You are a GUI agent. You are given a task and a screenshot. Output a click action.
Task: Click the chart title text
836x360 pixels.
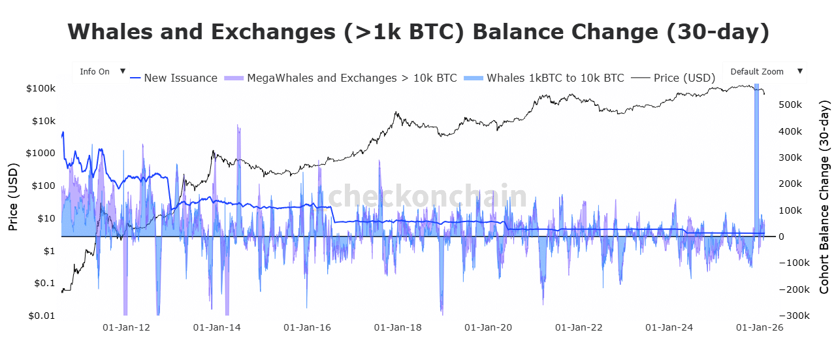(418, 31)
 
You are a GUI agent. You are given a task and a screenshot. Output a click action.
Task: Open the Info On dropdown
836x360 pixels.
(101, 72)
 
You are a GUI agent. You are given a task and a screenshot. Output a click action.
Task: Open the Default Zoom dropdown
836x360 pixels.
(764, 72)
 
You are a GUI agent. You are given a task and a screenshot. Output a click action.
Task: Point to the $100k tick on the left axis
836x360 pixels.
(40, 88)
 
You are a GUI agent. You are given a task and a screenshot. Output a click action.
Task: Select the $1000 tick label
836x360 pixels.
(40, 153)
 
